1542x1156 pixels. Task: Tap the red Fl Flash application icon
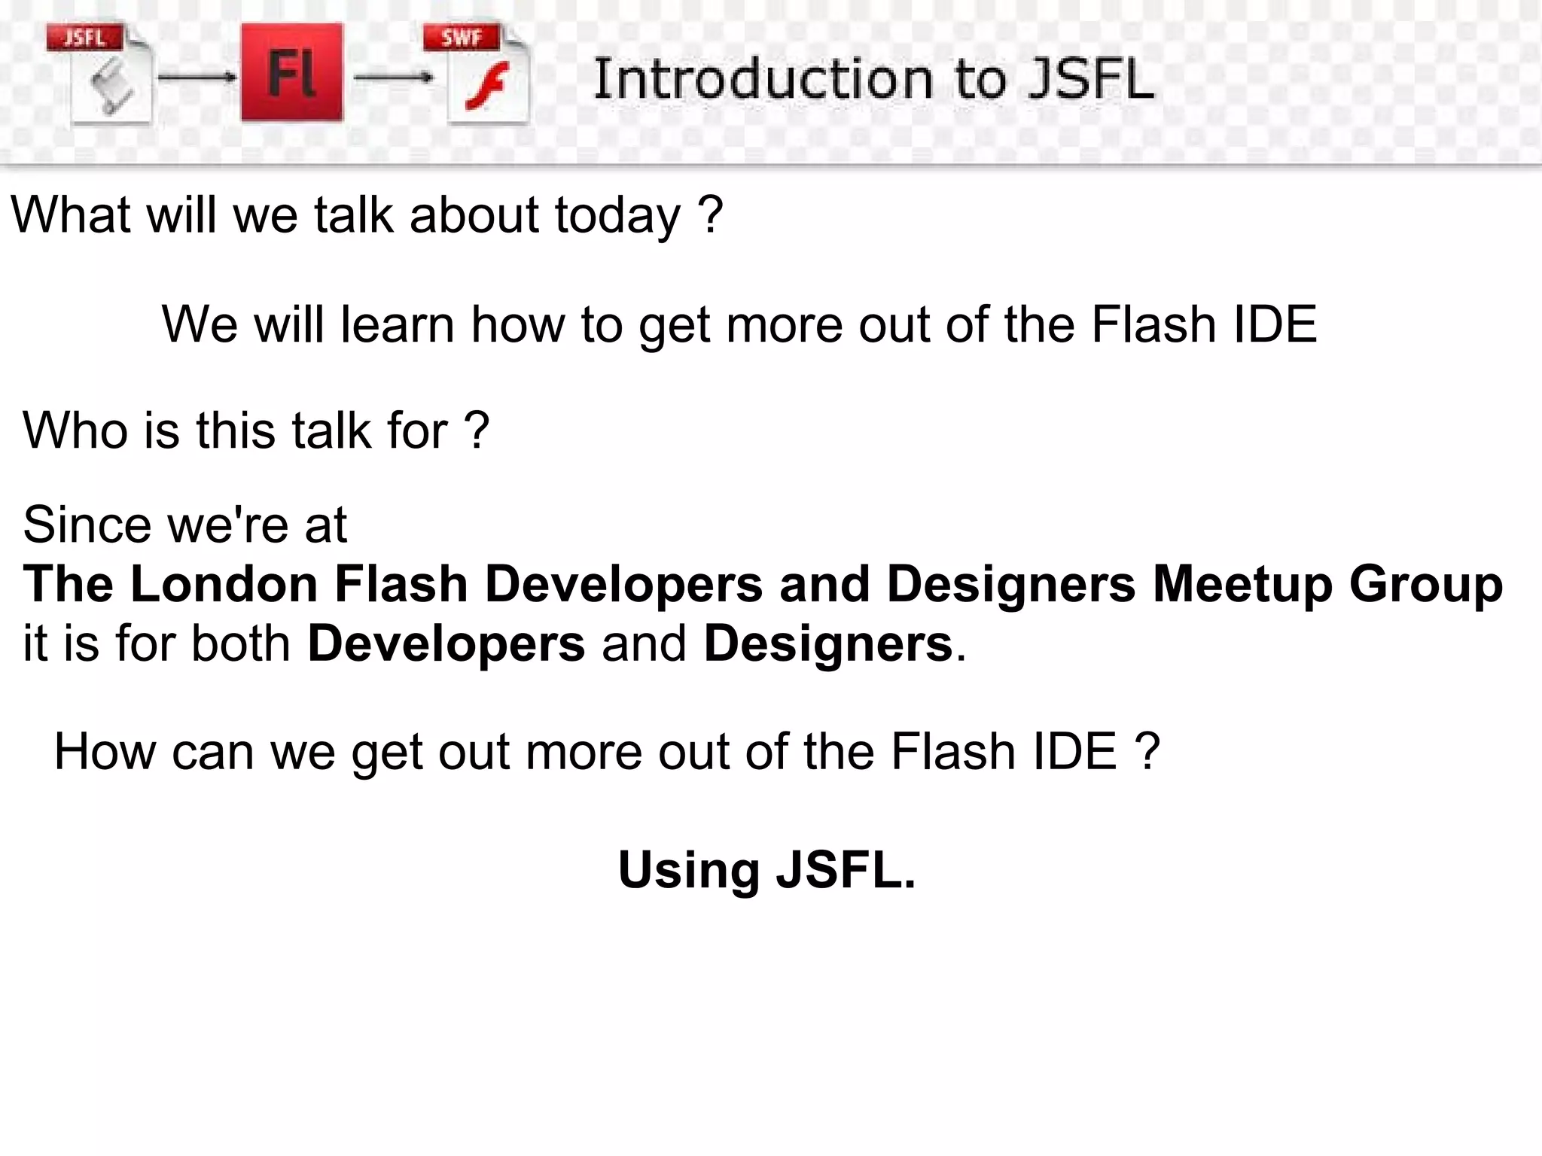pyautogui.click(x=291, y=73)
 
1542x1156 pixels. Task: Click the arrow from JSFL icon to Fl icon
pyautogui.click(x=197, y=77)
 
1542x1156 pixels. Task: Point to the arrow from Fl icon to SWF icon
pyautogui.click(x=393, y=77)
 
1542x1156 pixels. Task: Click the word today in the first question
pyautogui.click(x=617, y=215)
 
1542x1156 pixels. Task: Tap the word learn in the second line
pyautogui.click(x=398, y=324)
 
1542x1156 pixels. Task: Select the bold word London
pyautogui.click(x=224, y=585)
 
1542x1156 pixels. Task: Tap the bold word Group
pyautogui.click(x=1425, y=585)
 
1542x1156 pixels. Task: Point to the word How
pyautogui.click(x=104, y=752)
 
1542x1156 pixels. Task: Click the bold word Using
pyautogui.click(x=688, y=870)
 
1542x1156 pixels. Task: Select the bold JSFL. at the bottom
pyautogui.click(x=846, y=870)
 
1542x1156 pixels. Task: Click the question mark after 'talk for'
pyautogui.click(x=477, y=430)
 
